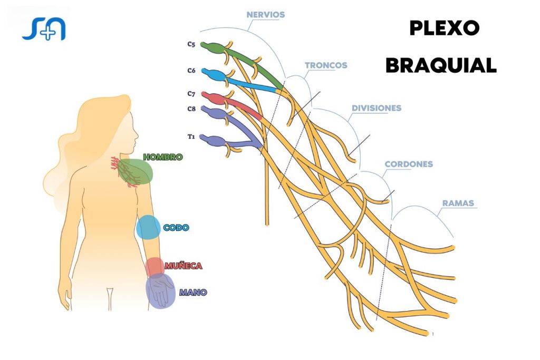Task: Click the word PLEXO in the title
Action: pyautogui.click(x=444, y=29)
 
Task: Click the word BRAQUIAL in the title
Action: pyautogui.click(x=441, y=65)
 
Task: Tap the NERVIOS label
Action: pyautogui.click(x=266, y=15)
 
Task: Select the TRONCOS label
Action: pyautogui.click(x=326, y=65)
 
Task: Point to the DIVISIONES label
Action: pyautogui.click(x=377, y=108)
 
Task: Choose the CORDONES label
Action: pyautogui.click(x=409, y=164)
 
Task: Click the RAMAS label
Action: pyautogui.click(x=458, y=203)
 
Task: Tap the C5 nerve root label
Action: pyautogui.click(x=191, y=45)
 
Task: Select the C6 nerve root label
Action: pyautogui.click(x=191, y=70)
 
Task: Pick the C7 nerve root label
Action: pyautogui.click(x=191, y=94)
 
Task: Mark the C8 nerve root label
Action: pyautogui.click(x=191, y=109)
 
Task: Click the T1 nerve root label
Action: pyautogui.click(x=191, y=137)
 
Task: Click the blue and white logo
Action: pyautogui.click(x=44, y=28)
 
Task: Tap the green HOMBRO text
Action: pyautogui.click(x=163, y=157)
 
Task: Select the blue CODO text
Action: pyautogui.click(x=176, y=228)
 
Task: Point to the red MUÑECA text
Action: pyautogui.click(x=183, y=266)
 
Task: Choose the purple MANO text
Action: pyautogui.click(x=193, y=292)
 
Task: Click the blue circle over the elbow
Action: pyautogui.click(x=148, y=227)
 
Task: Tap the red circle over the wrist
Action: pyautogui.click(x=155, y=266)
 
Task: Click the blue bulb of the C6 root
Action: pyautogui.click(x=212, y=74)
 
